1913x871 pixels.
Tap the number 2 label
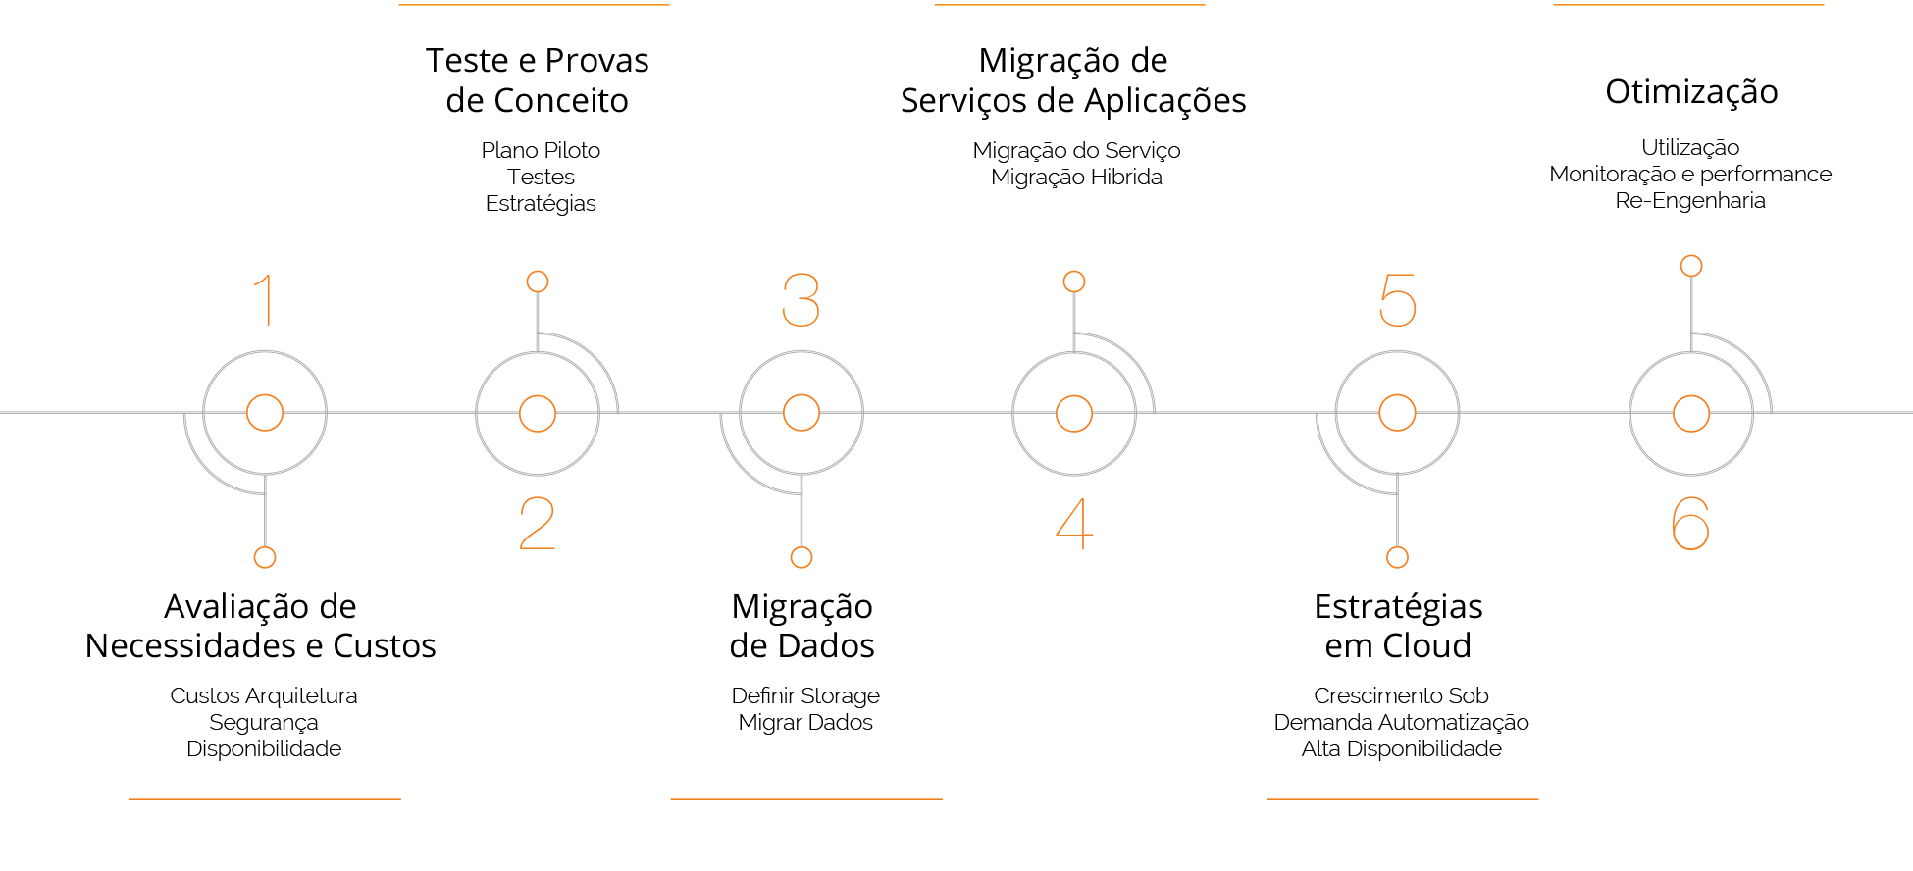(x=538, y=524)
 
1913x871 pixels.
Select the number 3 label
(x=801, y=299)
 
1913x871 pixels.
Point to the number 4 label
(x=1074, y=524)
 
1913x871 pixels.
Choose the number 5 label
(x=1398, y=299)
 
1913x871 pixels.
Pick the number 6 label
(x=1690, y=524)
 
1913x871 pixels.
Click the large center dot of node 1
(x=265, y=413)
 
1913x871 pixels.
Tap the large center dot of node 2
(x=538, y=413)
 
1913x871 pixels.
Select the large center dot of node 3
(x=801, y=413)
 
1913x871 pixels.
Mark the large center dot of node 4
(x=1074, y=413)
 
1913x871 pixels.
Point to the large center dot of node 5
(x=1397, y=413)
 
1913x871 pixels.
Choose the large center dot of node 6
(x=1691, y=413)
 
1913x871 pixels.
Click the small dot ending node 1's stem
(x=265, y=557)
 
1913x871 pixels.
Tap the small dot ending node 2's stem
(x=538, y=282)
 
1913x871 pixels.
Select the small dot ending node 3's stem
(x=801, y=557)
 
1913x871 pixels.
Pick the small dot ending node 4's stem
(x=1074, y=282)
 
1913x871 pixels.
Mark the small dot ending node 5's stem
(x=1397, y=557)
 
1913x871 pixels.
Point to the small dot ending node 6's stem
(x=1691, y=266)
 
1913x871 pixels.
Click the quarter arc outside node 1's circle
(x=208, y=470)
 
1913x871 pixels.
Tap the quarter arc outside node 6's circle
(x=1748, y=357)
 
